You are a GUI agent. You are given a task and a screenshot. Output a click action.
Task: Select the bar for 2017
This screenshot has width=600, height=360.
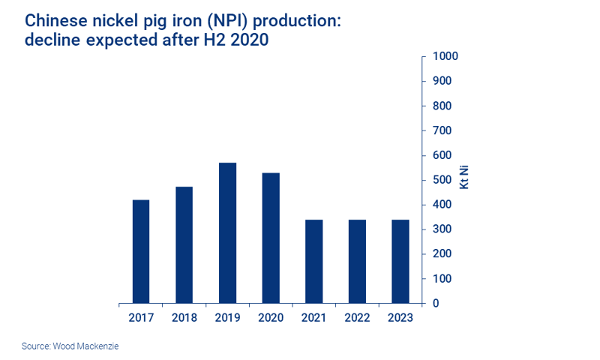[140, 251]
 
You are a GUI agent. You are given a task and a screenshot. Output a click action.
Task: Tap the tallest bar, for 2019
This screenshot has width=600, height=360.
[227, 232]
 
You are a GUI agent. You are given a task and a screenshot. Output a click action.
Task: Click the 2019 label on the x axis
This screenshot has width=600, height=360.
[227, 317]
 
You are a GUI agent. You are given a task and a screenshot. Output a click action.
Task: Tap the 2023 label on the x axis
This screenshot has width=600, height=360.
[400, 317]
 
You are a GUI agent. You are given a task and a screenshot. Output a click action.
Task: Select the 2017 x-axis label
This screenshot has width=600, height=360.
[140, 317]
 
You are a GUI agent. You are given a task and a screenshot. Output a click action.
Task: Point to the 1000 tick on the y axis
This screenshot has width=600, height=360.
[445, 56]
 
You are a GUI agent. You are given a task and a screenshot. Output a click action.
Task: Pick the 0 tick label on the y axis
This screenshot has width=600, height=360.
[435, 304]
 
